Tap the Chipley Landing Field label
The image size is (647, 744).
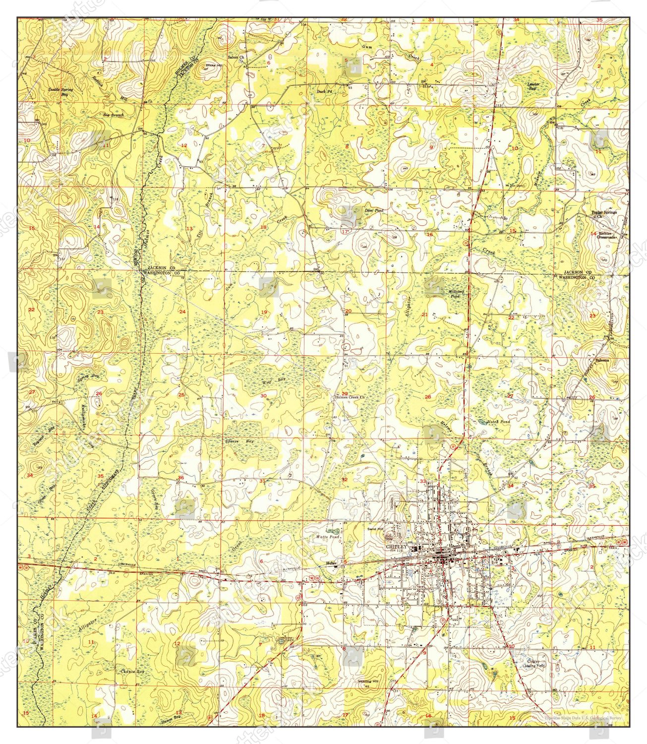[x=533, y=663]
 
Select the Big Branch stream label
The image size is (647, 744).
[x=113, y=115]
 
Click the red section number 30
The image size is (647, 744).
[x=263, y=395]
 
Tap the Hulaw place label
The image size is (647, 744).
[x=332, y=562]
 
